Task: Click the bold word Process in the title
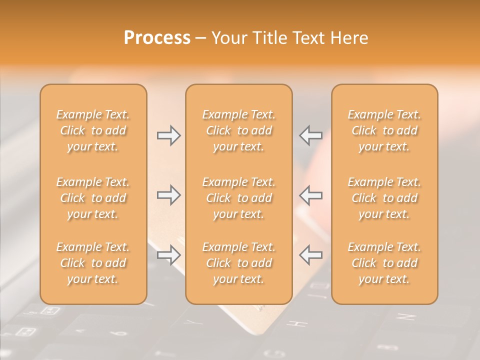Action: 157,38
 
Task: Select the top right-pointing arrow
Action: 169,135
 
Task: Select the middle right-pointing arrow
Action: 169,195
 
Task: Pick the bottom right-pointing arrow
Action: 169,255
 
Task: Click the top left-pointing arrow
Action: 310,135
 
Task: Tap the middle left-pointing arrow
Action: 310,195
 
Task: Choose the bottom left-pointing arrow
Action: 310,255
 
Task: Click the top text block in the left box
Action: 93,130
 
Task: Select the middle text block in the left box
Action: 93,198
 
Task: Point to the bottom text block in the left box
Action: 93,263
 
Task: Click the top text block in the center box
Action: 238,130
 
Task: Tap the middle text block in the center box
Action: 238,198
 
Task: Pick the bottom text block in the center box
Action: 238,263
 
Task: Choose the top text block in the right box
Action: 384,130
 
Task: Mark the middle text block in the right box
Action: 384,198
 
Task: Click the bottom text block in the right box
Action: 384,263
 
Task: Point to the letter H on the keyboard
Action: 300,323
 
